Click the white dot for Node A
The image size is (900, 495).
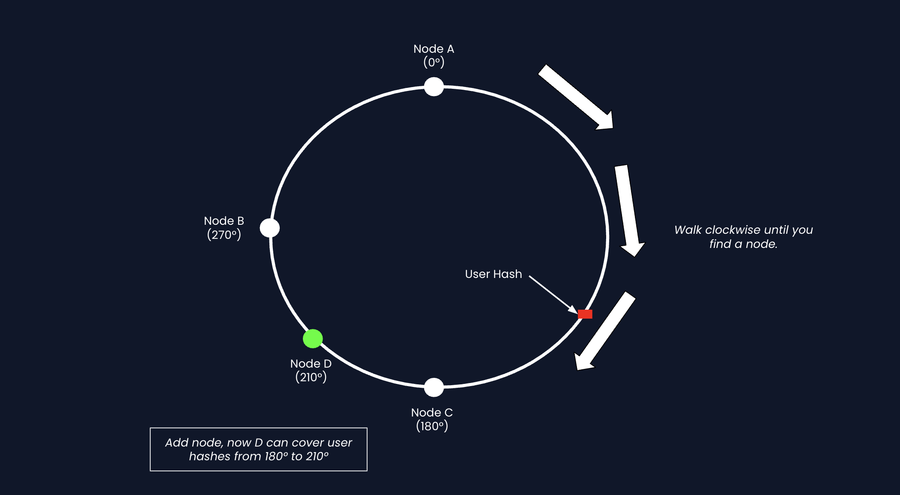coord(434,87)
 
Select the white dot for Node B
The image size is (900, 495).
coord(270,228)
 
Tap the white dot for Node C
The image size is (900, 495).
coord(434,387)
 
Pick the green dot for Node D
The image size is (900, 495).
coord(313,338)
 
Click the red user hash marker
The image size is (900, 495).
coord(585,314)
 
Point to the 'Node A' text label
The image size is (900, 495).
coord(434,49)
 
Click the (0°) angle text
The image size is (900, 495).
coord(434,63)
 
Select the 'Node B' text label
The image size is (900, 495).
coord(224,221)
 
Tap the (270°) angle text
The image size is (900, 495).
coord(224,235)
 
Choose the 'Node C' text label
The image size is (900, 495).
coord(432,413)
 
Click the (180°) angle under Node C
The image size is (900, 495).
coord(432,426)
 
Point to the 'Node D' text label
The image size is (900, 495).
coord(311,364)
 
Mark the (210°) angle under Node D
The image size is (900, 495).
coord(311,377)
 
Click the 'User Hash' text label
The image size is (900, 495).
coord(493,274)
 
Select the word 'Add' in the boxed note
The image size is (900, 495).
coord(174,443)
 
